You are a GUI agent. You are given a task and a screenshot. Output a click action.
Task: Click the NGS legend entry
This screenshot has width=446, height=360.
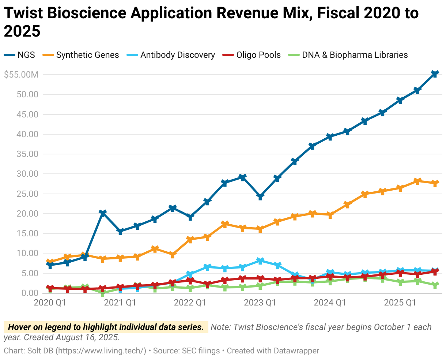pyautogui.click(x=20, y=55)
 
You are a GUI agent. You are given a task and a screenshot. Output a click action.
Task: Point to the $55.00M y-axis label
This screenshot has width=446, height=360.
pyautogui.click(x=21, y=75)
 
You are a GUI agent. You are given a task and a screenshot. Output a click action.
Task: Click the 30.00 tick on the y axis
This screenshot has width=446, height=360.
pyautogui.click(x=28, y=174)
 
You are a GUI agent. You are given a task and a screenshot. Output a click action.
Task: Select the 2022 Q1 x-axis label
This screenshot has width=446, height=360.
pyautogui.click(x=190, y=303)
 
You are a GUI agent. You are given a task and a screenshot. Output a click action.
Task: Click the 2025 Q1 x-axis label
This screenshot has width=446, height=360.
pyautogui.click(x=400, y=303)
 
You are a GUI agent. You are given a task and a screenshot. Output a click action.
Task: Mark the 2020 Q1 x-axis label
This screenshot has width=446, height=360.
pyautogui.click(x=49, y=303)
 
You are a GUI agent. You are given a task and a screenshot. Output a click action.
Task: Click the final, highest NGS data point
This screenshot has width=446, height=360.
pyautogui.click(x=435, y=74)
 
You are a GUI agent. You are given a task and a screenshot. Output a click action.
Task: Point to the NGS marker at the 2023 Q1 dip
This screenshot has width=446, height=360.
pyautogui.click(x=260, y=197)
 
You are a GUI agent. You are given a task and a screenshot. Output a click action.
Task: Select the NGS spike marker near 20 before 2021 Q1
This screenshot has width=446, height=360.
pyautogui.click(x=102, y=213)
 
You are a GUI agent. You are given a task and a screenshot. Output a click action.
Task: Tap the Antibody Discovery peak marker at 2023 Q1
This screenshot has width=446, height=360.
pyautogui.click(x=260, y=261)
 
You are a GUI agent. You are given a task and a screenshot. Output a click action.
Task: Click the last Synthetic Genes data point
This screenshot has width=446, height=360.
pyautogui.click(x=435, y=183)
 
